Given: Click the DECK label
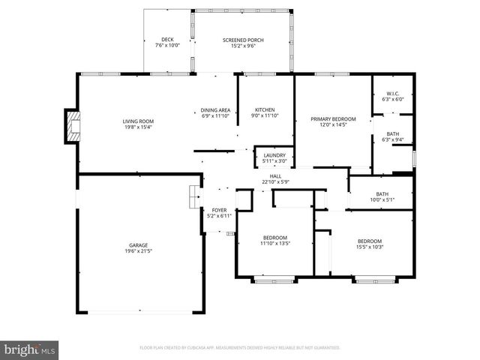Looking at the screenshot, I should (168, 40).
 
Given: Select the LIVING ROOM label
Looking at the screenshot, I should (138, 121).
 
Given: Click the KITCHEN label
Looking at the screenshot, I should (265, 109).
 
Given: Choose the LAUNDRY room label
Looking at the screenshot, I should (274, 155).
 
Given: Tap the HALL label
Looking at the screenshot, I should (275, 175).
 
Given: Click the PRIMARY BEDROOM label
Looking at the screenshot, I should (333, 118).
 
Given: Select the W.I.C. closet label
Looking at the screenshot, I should (392, 93).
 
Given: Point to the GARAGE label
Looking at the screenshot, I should (138, 244).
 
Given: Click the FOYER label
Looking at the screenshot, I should (219, 210).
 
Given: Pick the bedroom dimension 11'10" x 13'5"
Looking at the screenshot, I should (275, 244).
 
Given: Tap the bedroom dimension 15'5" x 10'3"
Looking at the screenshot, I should (370, 247).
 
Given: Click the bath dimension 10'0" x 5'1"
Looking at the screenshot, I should (381, 199).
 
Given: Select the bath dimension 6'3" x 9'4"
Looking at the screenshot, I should (393, 139).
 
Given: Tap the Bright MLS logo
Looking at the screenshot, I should (30, 349).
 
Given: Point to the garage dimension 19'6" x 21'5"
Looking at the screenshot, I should (138, 250).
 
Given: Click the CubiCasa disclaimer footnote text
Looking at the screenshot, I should (240, 348).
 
